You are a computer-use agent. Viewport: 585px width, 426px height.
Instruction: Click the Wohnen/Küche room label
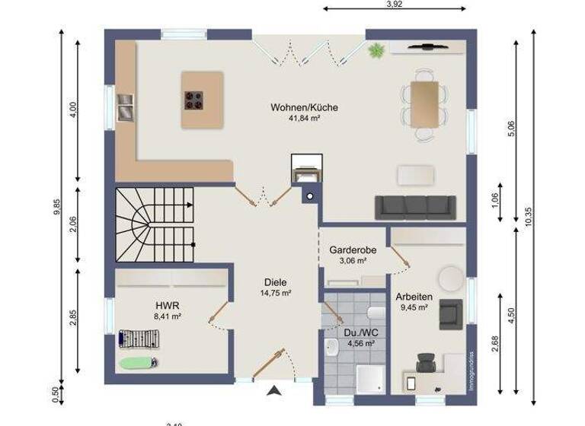304,107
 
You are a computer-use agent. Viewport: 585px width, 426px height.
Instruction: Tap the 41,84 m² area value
304,119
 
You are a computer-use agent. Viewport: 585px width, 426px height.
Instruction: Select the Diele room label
277,281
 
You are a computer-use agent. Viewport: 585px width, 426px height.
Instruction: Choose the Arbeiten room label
414,297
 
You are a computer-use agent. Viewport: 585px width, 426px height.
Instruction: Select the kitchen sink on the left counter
124,106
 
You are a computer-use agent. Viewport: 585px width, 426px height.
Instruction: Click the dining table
424,103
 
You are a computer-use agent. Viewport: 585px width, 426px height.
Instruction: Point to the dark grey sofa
415,206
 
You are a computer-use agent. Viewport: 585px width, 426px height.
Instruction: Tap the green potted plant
375,52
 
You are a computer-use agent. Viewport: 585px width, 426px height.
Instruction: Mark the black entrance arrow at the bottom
274,392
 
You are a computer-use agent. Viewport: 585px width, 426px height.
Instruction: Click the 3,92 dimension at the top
394,5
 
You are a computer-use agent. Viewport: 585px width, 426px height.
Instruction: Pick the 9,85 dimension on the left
56,208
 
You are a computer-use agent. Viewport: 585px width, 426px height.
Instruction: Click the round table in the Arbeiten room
449,278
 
